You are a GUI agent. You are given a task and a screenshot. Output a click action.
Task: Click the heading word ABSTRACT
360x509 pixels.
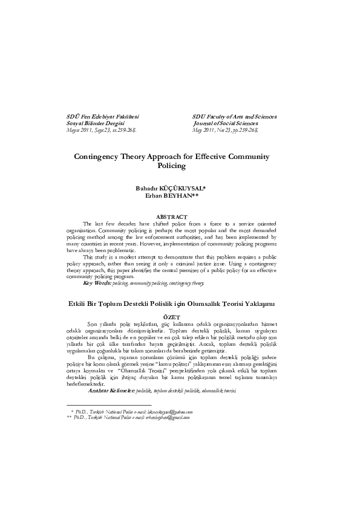(180, 216)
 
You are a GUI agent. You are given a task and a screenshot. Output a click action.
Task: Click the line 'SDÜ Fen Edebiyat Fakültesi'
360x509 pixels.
(102, 115)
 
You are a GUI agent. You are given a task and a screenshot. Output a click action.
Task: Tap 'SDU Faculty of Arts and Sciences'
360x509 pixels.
(234, 115)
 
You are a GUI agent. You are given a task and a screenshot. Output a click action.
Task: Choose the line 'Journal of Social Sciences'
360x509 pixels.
(226, 122)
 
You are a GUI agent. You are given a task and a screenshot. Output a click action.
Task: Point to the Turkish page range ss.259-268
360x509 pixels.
(123, 129)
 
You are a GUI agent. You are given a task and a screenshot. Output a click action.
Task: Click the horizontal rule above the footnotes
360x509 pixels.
(108, 404)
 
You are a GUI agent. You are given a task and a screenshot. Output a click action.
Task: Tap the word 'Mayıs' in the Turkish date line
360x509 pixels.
(74, 129)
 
